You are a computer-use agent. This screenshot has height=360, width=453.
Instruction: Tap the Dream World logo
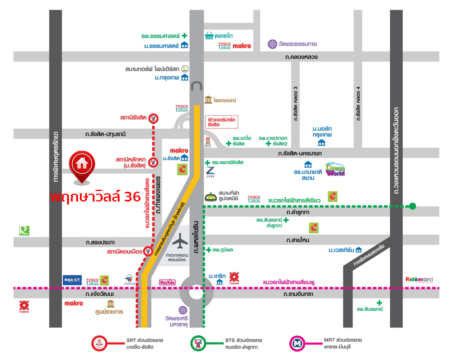(335, 169)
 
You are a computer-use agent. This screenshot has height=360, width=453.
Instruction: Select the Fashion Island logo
(419, 280)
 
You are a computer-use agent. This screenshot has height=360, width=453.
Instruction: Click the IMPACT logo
(72, 280)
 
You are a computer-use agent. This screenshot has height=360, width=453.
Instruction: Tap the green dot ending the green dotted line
(412, 206)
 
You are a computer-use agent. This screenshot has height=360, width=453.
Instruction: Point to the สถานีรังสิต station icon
(153, 118)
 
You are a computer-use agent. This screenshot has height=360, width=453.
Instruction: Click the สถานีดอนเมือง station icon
(148, 251)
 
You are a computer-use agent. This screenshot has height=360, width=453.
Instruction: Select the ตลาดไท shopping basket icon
(209, 35)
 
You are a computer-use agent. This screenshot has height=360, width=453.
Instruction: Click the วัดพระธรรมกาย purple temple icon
(272, 44)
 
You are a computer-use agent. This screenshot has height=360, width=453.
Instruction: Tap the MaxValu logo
(168, 282)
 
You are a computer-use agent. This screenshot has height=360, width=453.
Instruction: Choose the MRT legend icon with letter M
(296, 343)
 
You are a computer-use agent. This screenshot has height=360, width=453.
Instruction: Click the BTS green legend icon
(198, 343)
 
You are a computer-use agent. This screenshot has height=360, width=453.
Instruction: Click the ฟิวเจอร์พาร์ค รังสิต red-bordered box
(222, 122)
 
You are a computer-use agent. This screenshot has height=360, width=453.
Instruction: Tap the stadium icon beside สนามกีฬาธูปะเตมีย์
(211, 197)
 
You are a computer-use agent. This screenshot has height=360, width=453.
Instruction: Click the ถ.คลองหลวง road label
(301, 57)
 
